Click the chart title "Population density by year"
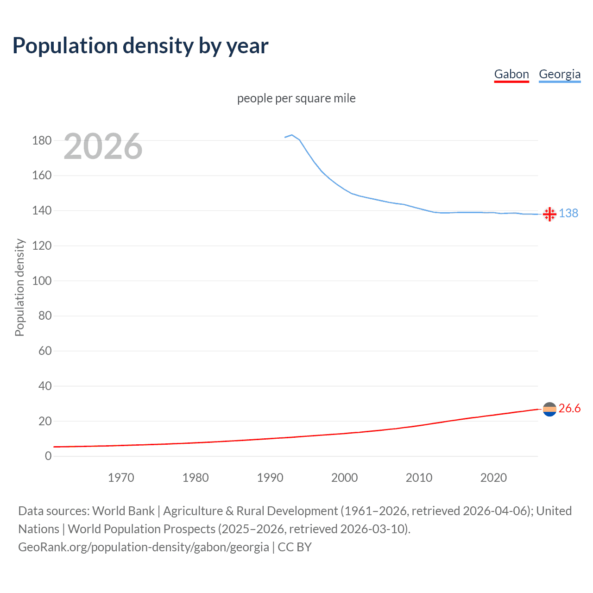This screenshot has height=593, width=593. [140, 45]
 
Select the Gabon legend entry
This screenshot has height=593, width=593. [511, 74]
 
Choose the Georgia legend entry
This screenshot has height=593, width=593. [560, 74]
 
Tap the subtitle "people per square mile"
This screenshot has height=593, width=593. [296, 98]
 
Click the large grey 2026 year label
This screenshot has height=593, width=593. [103, 146]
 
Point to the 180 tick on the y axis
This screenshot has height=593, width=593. [42, 140]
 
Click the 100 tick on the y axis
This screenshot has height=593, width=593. [42, 281]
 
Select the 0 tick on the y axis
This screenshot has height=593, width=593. [48, 456]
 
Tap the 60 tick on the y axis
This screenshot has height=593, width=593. [45, 351]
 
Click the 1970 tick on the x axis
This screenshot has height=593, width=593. [121, 478]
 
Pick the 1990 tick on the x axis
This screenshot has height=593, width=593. [270, 478]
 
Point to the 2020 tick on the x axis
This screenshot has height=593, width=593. [493, 478]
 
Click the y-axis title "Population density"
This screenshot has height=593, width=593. [19, 287]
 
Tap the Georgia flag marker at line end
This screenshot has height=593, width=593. [549, 214]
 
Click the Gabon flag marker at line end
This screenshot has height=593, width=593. [549, 409]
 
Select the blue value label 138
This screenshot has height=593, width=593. [568, 213]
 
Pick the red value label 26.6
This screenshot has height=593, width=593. [569, 408]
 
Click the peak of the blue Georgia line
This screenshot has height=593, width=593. [291, 135]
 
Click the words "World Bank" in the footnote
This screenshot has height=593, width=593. [123, 511]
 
